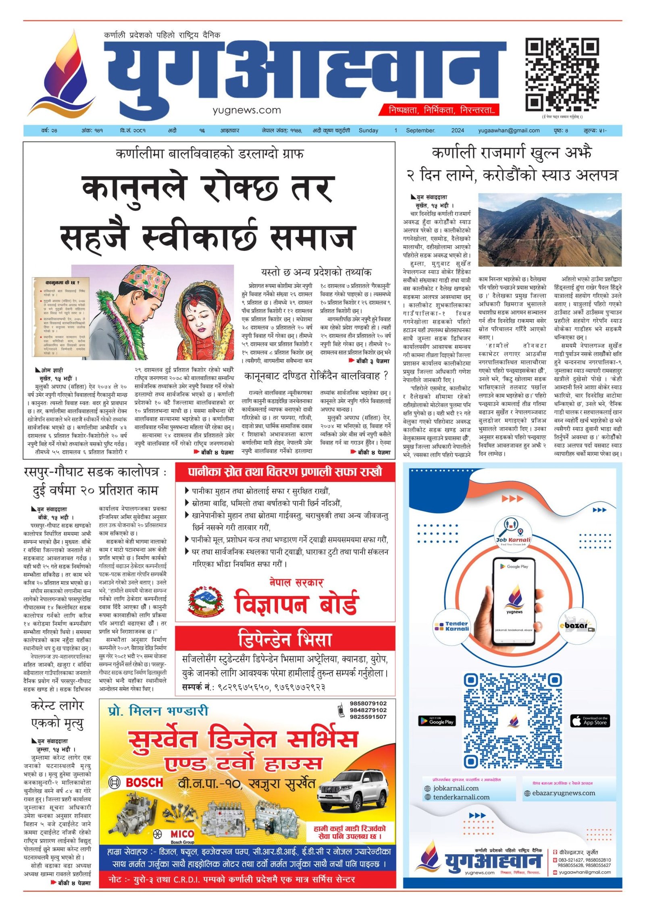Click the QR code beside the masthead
[x=562, y=74]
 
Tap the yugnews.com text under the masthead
[x=247, y=110]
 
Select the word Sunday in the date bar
[x=368, y=131]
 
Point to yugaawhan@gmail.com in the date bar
[x=509, y=131]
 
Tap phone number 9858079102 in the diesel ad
[x=368, y=704]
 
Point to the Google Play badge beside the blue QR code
[x=437, y=721]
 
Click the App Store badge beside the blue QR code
[x=589, y=721]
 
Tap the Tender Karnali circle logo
[x=451, y=626]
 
